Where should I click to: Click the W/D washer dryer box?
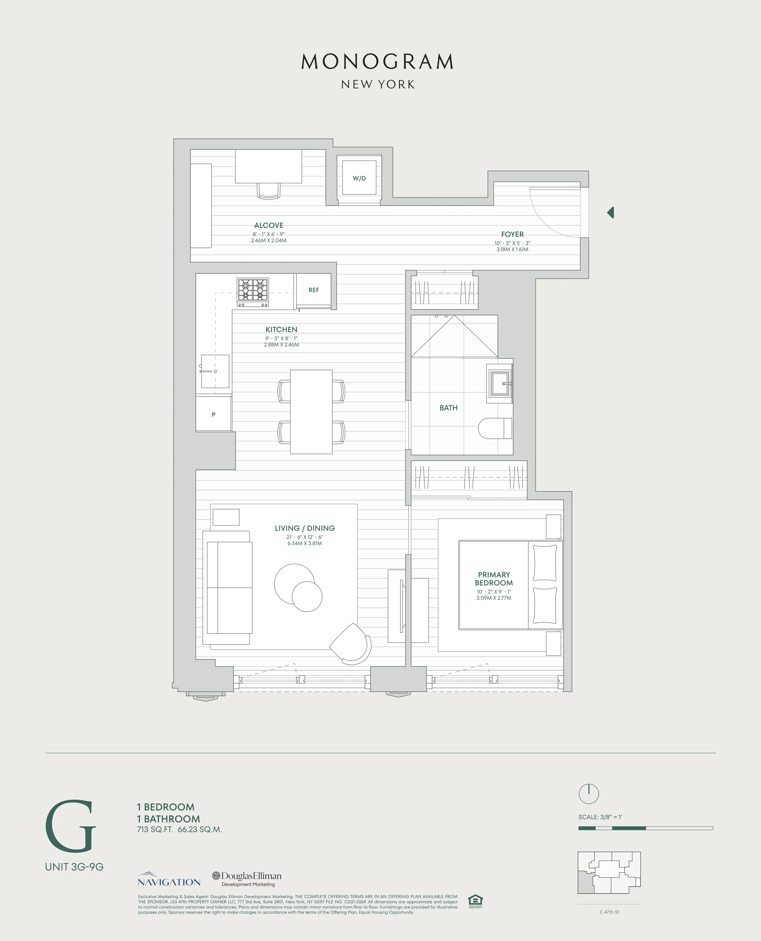[359, 178]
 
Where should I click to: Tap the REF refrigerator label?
[313, 290]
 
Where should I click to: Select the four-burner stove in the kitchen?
[253, 292]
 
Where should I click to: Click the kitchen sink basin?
[215, 371]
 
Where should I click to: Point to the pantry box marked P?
[213, 414]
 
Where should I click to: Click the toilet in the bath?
[495, 428]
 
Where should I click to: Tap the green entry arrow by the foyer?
[610, 213]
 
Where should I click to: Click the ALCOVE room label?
[269, 225]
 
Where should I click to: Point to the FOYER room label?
[512, 234]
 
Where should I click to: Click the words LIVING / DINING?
[305, 528]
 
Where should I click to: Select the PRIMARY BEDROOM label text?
[494, 579]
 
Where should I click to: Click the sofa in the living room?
[229, 587]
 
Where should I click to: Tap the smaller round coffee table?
[307, 597]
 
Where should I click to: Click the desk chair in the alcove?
[269, 191]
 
